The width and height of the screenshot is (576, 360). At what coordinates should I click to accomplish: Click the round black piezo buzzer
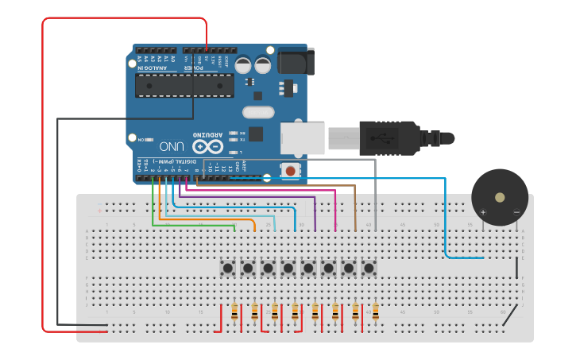tap(499, 197)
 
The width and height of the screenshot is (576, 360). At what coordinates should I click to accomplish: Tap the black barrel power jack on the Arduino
tap(295, 62)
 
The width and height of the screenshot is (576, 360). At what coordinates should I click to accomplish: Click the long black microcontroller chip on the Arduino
tap(184, 86)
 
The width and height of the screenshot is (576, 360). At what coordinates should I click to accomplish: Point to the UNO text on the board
tap(172, 146)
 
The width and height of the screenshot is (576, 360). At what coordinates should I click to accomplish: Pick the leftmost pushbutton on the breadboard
tap(228, 268)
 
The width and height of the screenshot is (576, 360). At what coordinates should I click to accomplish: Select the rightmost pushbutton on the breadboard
tap(368, 268)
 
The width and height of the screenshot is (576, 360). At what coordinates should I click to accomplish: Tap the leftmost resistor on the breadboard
tap(234, 313)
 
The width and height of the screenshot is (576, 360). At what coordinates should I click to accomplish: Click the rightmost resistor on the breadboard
tap(375, 313)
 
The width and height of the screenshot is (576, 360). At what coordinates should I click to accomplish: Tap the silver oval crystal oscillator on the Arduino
tap(257, 112)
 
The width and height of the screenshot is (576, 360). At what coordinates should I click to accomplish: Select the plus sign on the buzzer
tap(482, 212)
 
